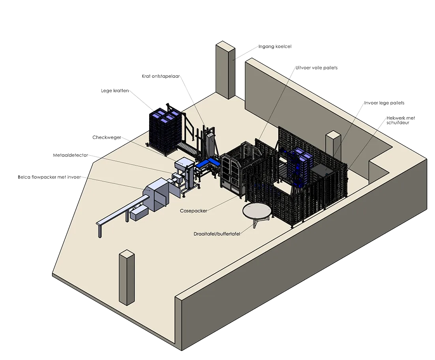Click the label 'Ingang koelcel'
(275, 46)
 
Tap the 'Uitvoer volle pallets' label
(316, 67)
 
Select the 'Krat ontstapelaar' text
(161, 76)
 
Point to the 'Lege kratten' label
(115, 90)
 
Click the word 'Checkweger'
(107, 137)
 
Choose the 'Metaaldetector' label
(71, 155)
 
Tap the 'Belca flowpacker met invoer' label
(49, 177)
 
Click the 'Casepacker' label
(193, 211)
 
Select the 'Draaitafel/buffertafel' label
(217, 234)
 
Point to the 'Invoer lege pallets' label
(384, 103)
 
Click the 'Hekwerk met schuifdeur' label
(401, 120)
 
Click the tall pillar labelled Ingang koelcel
(225, 70)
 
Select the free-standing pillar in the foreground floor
(127, 277)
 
